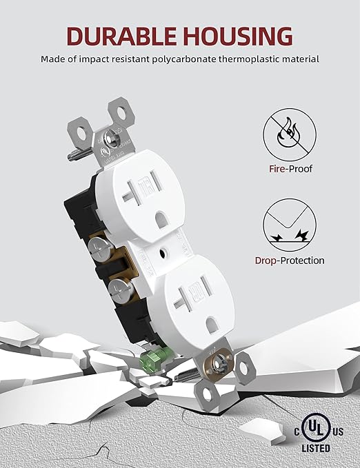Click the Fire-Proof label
(288, 168)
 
